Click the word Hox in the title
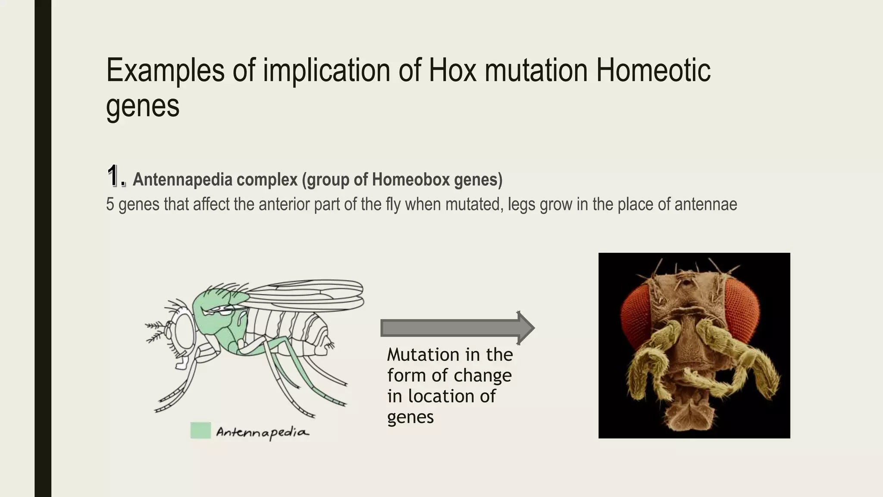click(x=452, y=70)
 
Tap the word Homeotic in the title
click(x=653, y=70)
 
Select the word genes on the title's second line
click(x=142, y=106)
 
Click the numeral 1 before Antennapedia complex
click(x=113, y=176)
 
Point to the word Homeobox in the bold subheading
click(x=411, y=179)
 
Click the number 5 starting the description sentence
click(x=110, y=204)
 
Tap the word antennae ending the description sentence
click(x=705, y=204)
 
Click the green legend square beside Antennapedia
click(x=200, y=431)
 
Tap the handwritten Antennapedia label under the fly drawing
click(x=262, y=432)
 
